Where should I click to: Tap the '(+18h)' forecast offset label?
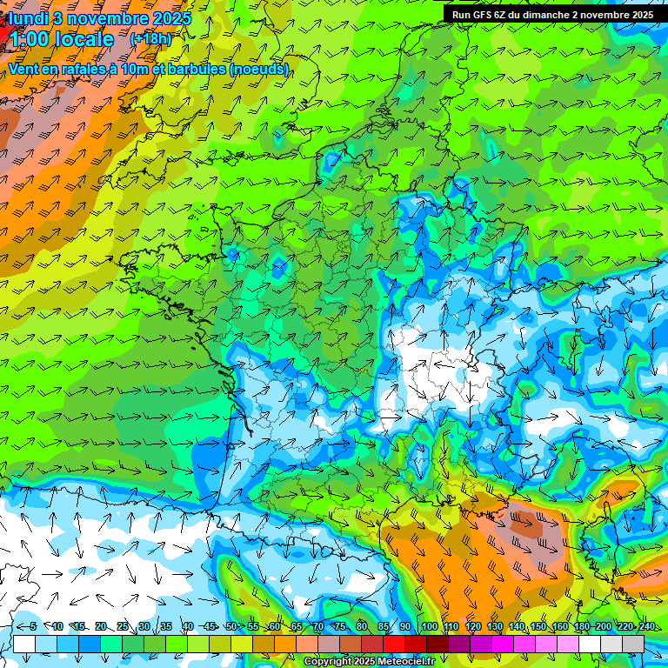pyautogui.click(x=150, y=38)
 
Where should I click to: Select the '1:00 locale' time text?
pyautogui.click(x=61, y=39)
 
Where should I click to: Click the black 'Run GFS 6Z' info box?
pyautogui.click(x=552, y=15)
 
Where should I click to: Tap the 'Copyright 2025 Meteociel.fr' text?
pyautogui.click(x=369, y=662)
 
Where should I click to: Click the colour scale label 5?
pyautogui.click(x=33, y=626)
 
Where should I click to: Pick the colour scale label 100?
pyautogui.click(x=429, y=626)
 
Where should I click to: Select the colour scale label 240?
pyautogui.click(x=647, y=626)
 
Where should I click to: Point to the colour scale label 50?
pyautogui.click(x=231, y=626)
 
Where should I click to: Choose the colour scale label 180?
pyautogui.click(x=582, y=626)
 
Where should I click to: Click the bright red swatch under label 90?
pyautogui.click(x=394, y=644)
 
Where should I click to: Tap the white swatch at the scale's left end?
pyautogui.click(x=23, y=644)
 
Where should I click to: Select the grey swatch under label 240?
pyautogui.click(x=634, y=644)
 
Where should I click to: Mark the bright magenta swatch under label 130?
pyautogui.click(x=503, y=644)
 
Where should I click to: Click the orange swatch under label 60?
pyautogui.click(x=264, y=644)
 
